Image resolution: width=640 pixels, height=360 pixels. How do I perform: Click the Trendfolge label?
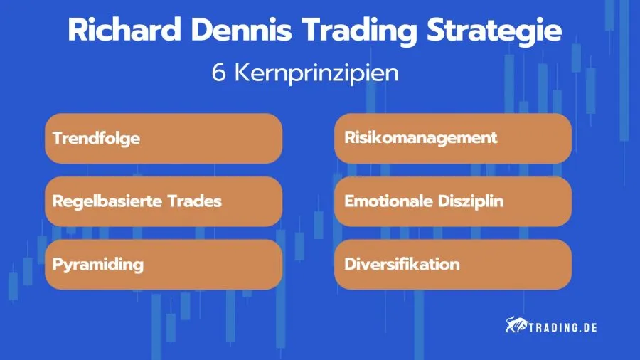[96, 138]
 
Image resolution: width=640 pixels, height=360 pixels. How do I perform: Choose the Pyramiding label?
[98, 265]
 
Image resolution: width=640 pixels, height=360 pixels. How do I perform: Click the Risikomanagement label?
[421, 138]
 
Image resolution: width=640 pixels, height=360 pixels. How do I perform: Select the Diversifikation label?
[402, 264]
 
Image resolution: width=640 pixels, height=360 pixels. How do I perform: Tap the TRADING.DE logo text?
[561, 327]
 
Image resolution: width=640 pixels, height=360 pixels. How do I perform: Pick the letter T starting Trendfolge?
[57, 138]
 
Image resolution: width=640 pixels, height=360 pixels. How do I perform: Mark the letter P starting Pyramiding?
[58, 264]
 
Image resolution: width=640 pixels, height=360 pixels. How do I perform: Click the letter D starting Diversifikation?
[349, 264]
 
